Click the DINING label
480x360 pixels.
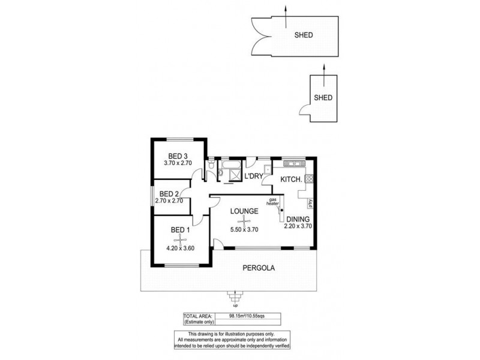tap(298, 219)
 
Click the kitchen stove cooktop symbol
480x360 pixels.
tap(309, 178)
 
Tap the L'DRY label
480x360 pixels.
tap(254, 176)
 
